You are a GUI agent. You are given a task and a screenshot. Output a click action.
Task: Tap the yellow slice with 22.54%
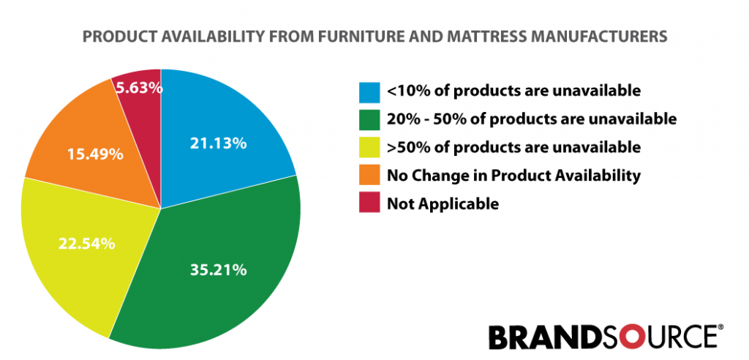tap(86, 244)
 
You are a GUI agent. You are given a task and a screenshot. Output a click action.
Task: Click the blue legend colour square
tap(369, 92)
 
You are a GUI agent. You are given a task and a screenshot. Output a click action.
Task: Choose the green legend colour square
tap(369, 120)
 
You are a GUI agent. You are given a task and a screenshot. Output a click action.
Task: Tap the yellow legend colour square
tap(369, 148)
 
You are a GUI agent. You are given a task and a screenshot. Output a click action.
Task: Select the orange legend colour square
tap(369, 176)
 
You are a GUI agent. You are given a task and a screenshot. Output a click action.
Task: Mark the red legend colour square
tap(369, 203)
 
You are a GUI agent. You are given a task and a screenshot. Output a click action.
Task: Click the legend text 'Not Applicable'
tap(443, 204)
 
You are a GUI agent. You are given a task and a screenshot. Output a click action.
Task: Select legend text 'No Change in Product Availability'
tap(513, 176)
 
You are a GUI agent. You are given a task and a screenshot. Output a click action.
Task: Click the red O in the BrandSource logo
tap(622, 337)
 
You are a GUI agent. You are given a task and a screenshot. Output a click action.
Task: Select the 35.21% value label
tap(218, 270)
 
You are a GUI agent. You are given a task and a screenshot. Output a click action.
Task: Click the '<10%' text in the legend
tap(405, 91)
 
